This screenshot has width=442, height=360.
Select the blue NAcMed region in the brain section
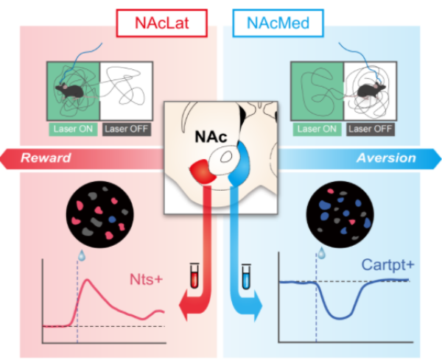pos(239,170)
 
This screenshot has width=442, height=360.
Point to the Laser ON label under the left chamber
pos(72,130)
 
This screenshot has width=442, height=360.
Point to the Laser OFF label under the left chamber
pos(126,130)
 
